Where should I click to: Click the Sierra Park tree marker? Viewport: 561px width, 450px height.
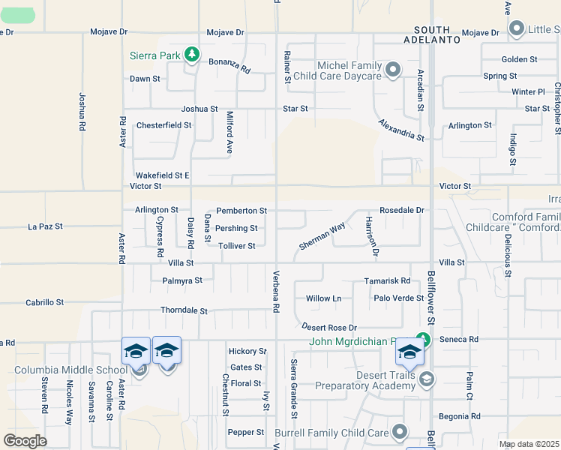click(x=193, y=55)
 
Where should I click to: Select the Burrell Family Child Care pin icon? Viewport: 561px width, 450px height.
click(x=400, y=432)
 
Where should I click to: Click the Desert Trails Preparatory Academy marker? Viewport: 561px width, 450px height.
click(x=427, y=378)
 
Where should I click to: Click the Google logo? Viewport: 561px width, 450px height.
click(x=25, y=440)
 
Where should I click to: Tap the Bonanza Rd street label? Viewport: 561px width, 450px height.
click(x=229, y=64)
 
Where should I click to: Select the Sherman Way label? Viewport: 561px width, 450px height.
click(x=322, y=235)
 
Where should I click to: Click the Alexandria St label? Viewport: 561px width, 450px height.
click(x=401, y=130)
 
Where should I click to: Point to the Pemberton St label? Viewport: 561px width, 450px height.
click(x=241, y=211)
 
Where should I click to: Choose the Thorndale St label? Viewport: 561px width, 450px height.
click(x=184, y=310)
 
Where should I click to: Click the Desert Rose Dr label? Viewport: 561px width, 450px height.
click(x=329, y=328)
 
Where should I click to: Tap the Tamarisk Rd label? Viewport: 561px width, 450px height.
click(x=387, y=280)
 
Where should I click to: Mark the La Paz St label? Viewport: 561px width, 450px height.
click(x=44, y=226)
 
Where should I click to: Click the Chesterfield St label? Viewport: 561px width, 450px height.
click(x=163, y=125)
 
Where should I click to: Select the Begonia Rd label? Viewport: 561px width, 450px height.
click(x=460, y=416)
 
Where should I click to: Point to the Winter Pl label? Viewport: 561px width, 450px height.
click(x=528, y=92)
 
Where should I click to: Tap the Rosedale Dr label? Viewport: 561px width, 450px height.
click(x=402, y=211)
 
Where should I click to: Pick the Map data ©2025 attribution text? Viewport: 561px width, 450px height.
click(x=528, y=444)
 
